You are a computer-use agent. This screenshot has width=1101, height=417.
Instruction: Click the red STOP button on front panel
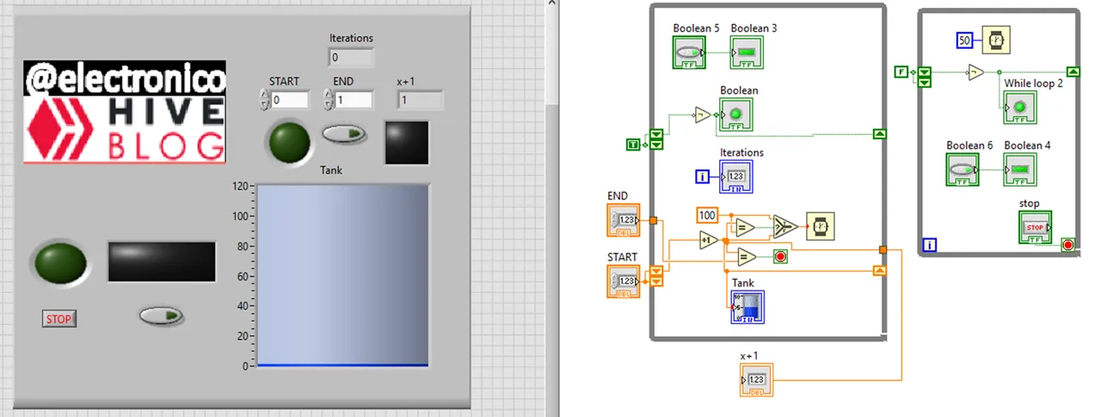click(58, 319)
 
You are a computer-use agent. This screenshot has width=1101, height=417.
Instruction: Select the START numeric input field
click(289, 101)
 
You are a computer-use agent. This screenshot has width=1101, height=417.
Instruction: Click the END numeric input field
click(353, 101)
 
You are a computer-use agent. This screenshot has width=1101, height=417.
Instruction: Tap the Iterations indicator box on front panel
click(352, 58)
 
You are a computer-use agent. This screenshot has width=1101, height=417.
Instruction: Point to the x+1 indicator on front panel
click(421, 101)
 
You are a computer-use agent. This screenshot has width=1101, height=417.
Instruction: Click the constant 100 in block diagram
click(707, 215)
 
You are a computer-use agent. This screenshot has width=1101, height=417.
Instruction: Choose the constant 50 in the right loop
click(964, 40)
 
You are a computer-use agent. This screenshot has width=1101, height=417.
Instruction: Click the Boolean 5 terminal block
click(689, 53)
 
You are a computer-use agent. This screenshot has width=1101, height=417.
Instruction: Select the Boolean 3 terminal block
click(747, 53)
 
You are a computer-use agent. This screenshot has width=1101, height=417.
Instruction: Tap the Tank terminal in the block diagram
click(747, 307)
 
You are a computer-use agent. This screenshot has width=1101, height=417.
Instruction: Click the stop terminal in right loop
click(1035, 228)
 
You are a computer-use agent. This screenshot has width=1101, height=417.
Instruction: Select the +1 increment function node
click(709, 241)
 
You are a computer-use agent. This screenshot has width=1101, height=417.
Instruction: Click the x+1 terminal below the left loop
click(756, 379)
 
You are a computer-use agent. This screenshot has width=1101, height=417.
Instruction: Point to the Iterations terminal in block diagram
click(736, 176)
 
